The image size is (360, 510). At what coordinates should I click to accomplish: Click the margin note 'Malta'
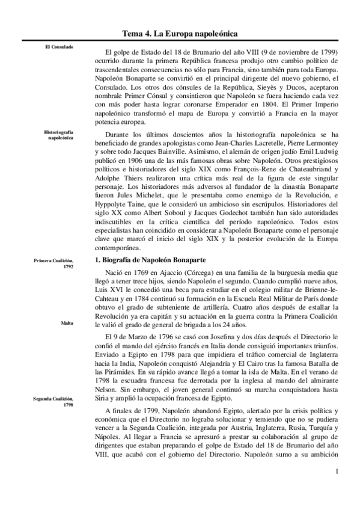tap(67, 323)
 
